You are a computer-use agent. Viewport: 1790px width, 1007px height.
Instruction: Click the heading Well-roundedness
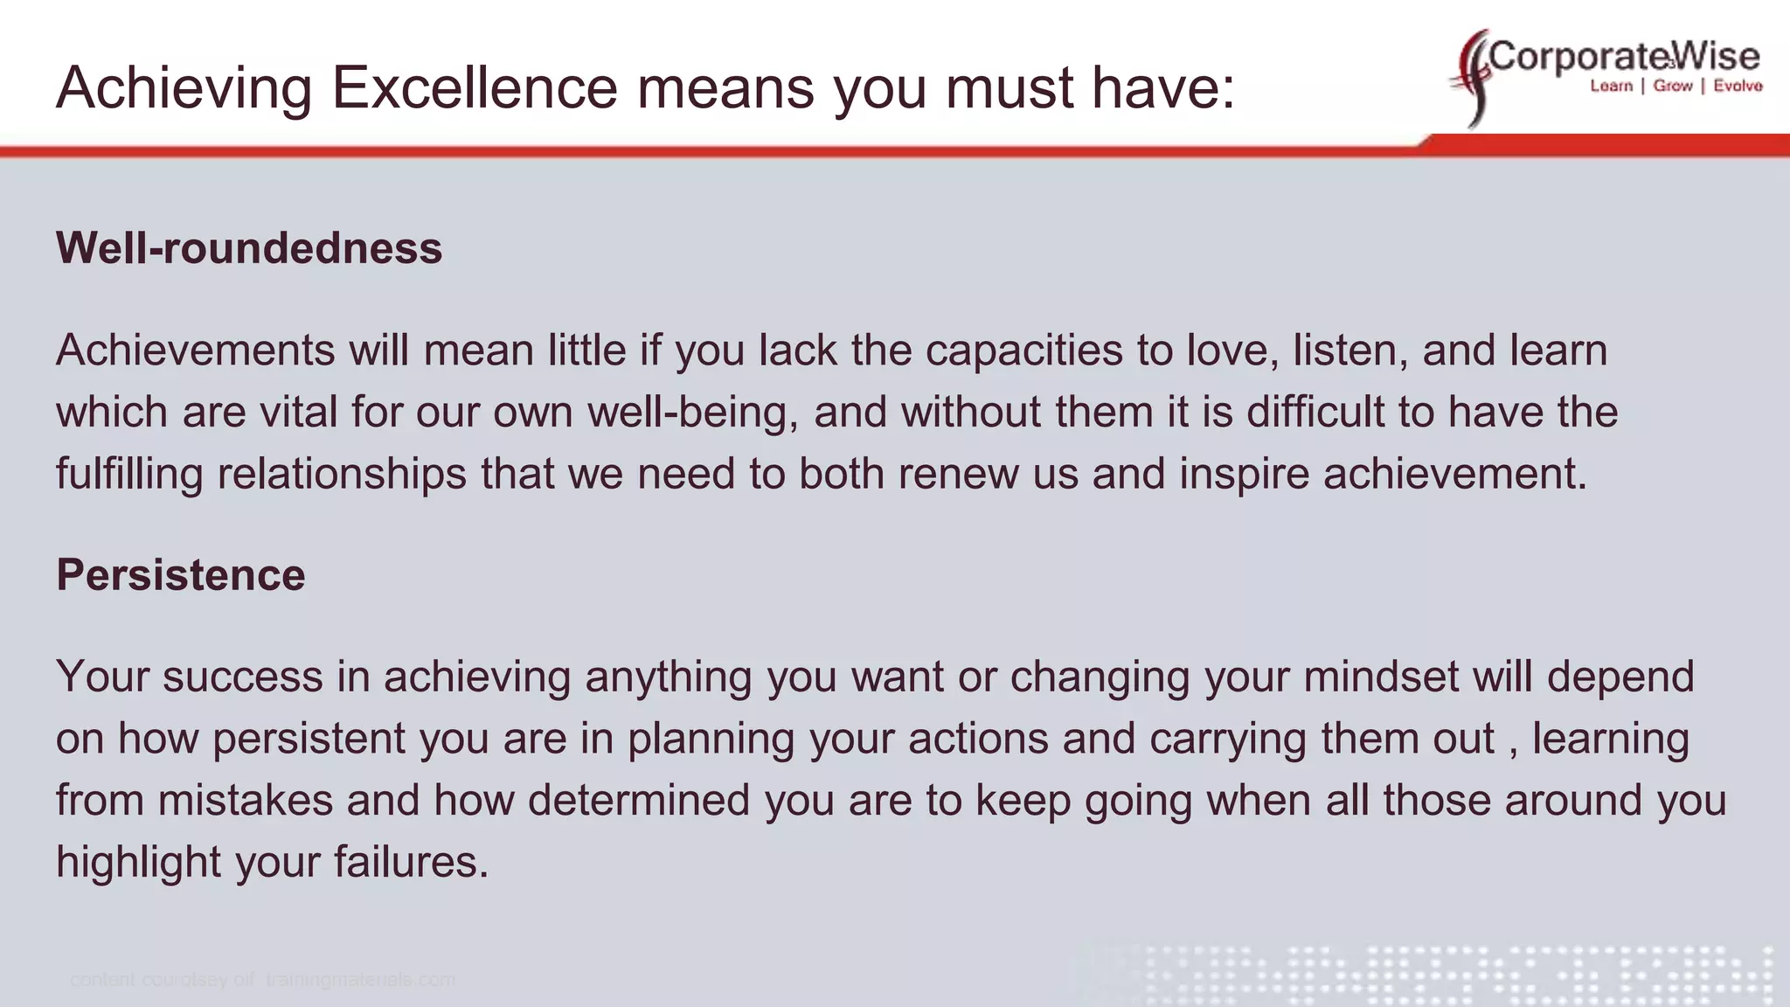(249, 248)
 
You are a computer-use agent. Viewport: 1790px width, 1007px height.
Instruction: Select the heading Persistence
(181, 575)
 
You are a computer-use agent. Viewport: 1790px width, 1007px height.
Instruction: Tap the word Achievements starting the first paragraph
(195, 351)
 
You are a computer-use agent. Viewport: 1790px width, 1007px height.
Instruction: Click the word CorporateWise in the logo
(1624, 57)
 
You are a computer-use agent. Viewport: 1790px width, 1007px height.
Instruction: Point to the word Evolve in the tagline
(1738, 86)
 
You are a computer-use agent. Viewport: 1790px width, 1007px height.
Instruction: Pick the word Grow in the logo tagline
(1673, 86)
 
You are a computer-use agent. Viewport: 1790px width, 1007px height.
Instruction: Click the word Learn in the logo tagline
(1611, 86)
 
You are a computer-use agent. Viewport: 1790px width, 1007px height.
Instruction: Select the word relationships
(342, 474)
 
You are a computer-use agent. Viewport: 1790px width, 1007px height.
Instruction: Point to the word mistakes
(246, 801)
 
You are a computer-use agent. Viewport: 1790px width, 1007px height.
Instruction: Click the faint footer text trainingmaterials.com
(360, 980)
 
